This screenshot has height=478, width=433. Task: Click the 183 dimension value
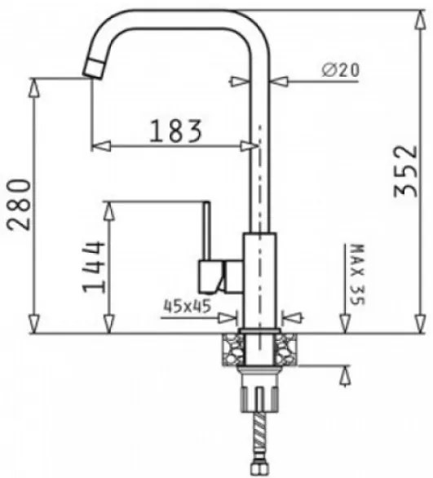176,131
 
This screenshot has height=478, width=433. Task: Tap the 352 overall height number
405,171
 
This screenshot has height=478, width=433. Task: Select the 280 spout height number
19,205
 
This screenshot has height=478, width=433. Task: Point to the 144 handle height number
94,267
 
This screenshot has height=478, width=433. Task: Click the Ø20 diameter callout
341,70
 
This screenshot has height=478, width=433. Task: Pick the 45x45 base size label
188,306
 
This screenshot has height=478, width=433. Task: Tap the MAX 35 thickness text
357,274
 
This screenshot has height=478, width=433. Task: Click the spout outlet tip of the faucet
94,69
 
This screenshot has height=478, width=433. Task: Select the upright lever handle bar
207,231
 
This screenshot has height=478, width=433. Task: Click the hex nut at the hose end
258,468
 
